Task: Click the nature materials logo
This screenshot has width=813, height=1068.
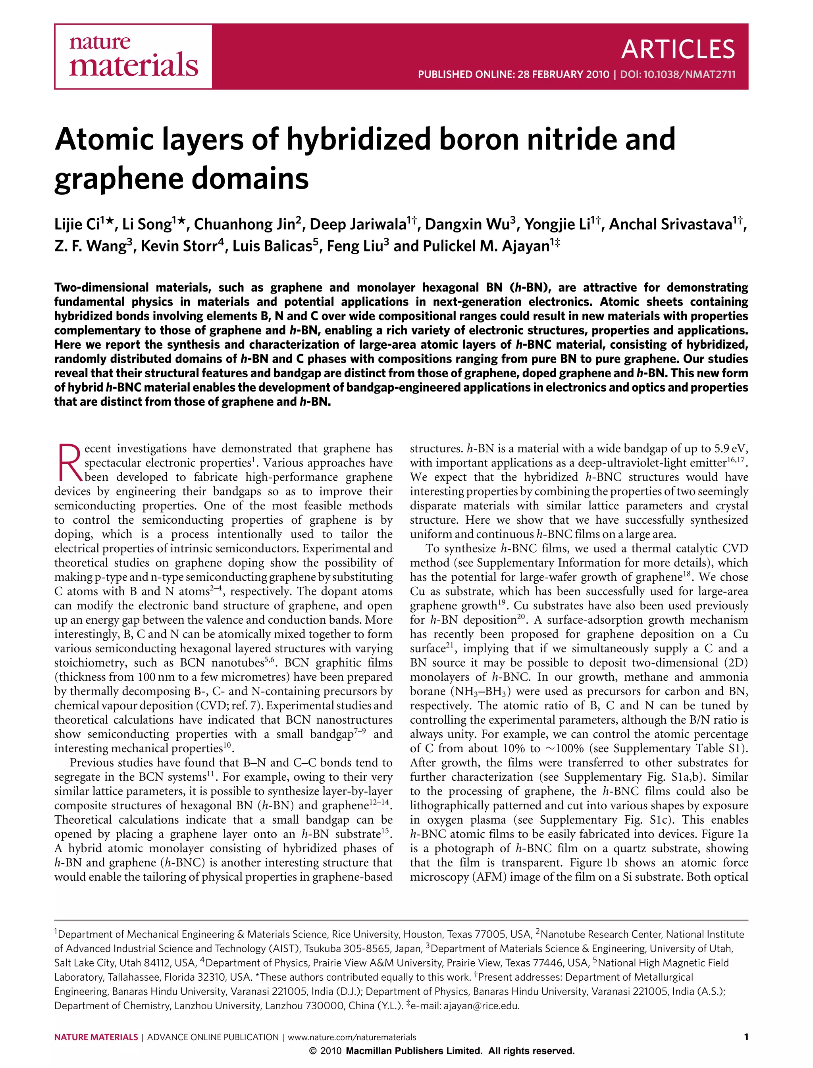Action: [133, 57]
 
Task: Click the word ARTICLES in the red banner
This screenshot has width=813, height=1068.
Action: [678, 49]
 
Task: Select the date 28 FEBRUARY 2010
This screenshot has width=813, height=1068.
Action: [563, 75]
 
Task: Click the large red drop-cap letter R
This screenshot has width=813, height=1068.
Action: [69, 462]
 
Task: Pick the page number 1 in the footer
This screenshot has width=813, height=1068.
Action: [746, 1037]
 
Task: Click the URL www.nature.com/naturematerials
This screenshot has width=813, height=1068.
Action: [352, 1037]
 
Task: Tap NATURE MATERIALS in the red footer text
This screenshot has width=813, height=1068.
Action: [96, 1037]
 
